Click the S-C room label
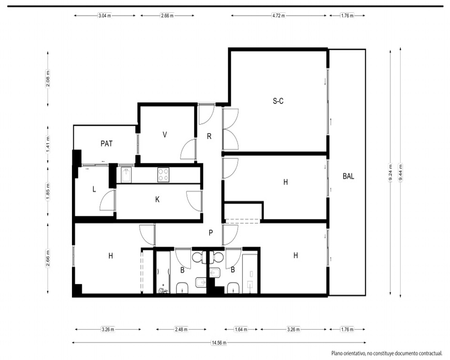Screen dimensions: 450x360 278,101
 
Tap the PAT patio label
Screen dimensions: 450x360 107,144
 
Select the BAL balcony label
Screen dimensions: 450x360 348,176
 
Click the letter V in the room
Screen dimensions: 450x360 165,135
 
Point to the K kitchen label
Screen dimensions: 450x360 157,199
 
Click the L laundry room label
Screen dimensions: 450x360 94,189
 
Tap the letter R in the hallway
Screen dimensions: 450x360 209,136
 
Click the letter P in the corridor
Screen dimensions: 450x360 211,233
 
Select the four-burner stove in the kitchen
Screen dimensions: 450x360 163,175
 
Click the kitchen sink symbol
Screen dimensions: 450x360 126,175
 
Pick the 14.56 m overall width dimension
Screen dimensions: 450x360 219,342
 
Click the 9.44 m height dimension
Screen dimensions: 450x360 400,172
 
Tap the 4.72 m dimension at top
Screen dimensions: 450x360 279,15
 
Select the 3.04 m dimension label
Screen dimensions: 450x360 104,15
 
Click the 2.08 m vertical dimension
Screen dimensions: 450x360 48,79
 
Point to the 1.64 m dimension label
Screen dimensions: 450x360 241,329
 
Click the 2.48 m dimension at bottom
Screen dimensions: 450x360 181,329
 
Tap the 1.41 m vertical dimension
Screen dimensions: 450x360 48,144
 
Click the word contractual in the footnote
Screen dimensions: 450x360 431,353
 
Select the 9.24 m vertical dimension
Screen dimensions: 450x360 390,172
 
